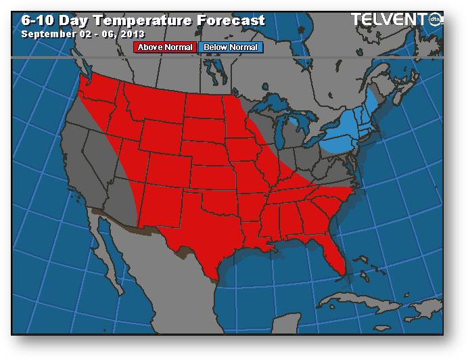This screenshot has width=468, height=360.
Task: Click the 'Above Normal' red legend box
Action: pyautogui.click(x=166, y=47)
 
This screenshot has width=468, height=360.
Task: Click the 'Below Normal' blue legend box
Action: pyautogui.click(x=230, y=47)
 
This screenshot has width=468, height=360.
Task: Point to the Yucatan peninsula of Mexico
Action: pyautogui.click(x=271, y=318)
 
